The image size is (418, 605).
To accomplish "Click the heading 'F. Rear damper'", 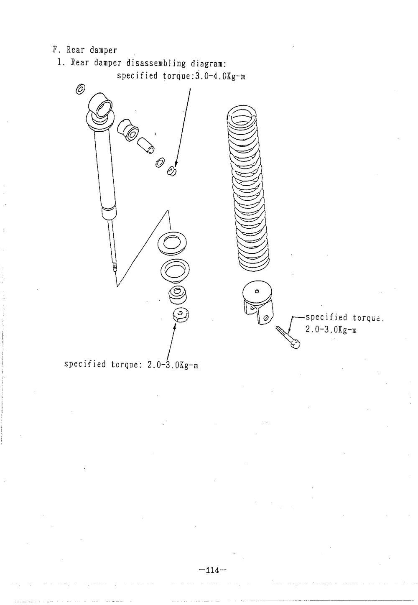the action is click(x=85, y=50).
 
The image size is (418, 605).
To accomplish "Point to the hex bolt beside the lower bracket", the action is click(x=288, y=337).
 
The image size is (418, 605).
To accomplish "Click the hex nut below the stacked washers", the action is click(x=181, y=315).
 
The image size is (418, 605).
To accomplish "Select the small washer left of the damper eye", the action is click(x=81, y=89).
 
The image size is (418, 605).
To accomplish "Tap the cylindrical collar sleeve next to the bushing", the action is click(x=146, y=146).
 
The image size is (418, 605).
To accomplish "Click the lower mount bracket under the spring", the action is click(x=257, y=302).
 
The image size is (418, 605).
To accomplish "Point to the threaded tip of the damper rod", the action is click(x=115, y=268).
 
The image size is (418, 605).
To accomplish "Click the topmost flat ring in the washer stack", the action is click(x=172, y=242).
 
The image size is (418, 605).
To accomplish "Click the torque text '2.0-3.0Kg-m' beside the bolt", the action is click(x=331, y=330).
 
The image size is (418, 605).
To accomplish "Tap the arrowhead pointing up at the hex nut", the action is click(x=174, y=326).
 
